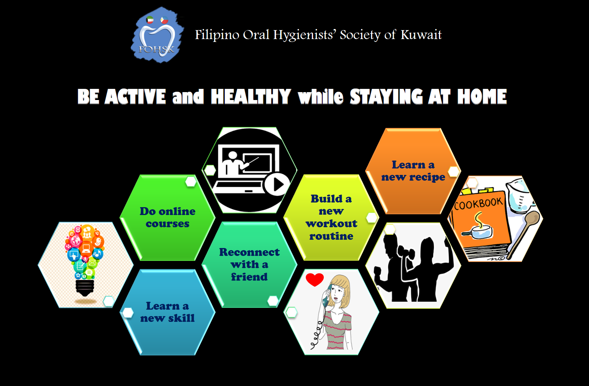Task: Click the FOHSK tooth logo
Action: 157,35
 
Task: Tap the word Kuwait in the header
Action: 421,35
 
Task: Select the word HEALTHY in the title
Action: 251,96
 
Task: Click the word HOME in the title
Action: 482,96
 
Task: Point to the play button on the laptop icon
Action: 277,184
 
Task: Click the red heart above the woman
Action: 315,280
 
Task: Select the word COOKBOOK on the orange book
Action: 478,204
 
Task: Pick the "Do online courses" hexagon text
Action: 168,218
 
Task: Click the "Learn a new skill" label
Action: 168,312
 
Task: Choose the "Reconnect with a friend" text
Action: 249,265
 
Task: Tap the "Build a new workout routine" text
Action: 331,218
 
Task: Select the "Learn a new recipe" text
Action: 413,171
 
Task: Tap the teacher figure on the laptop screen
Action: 233,163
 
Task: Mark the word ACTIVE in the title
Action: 135,96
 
